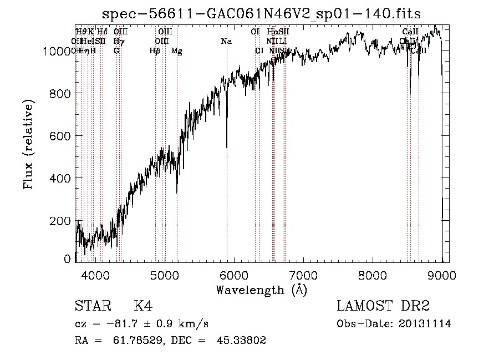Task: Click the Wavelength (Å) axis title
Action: coord(261,290)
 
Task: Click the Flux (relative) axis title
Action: coord(28,144)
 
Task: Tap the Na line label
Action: coord(226,42)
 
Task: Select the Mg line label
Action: coord(177,51)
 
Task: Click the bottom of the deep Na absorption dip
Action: coord(226,147)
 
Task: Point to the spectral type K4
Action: coord(143,306)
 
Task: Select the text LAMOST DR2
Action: coord(383,306)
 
